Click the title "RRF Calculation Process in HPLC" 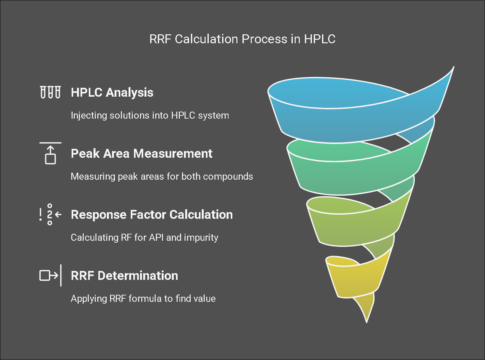click(x=242, y=39)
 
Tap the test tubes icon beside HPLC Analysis click(x=50, y=92)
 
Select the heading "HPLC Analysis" click(x=112, y=93)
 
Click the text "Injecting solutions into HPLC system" click(x=150, y=115)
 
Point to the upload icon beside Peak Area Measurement click(x=50, y=154)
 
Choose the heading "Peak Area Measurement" click(x=141, y=154)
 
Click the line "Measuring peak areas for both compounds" click(x=162, y=177)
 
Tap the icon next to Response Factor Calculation click(x=50, y=215)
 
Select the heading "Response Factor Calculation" click(x=151, y=215)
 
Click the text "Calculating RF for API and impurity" click(x=144, y=238)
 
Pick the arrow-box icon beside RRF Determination click(x=50, y=275)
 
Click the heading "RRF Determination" click(x=124, y=276)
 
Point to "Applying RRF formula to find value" click(x=143, y=299)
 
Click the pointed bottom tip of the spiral click(x=367, y=320)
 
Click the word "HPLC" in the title click(x=320, y=39)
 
